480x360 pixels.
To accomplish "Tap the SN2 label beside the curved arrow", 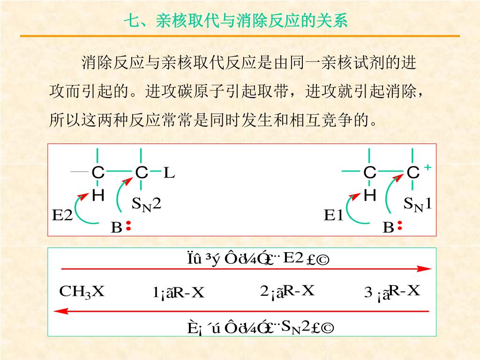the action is coord(146,204).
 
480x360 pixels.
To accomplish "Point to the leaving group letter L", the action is coord(169,173).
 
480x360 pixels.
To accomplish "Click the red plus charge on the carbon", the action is coord(427,167).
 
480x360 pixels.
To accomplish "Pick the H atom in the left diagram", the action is coord(98,195).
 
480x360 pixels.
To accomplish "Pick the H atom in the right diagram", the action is coord(370,195).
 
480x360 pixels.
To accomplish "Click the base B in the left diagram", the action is coord(116,228).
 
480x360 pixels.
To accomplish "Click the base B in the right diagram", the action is coord(388,228).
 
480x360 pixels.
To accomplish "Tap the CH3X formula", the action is coord(82,292).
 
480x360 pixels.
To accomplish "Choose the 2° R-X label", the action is coord(287,292).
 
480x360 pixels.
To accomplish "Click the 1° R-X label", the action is coord(179,293).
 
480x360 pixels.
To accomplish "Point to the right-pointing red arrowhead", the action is coord(424,269).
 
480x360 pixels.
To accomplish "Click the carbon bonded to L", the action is coord(141,173).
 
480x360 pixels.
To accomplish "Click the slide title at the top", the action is coord(235,21).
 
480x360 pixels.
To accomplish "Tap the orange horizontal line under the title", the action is coord(240,36).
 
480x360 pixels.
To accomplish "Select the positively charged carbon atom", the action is coord(412,173).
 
